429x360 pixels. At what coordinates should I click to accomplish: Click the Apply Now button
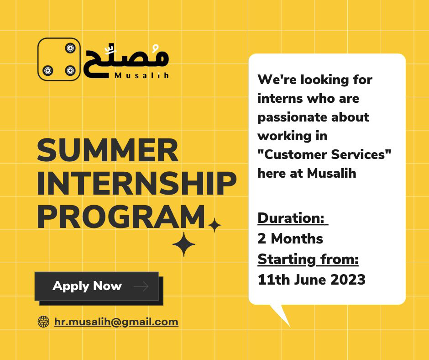(x=97, y=286)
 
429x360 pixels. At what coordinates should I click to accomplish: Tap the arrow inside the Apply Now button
(x=141, y=286)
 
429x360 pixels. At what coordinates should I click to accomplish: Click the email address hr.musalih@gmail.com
(x=116, y=322)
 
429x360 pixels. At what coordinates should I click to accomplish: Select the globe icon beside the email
(x=43, y=322)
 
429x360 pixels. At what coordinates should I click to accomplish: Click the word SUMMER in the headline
(x=108, y=150)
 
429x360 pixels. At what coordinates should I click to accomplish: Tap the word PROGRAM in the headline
(x=121, y=217)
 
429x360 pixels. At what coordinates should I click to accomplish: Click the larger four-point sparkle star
(x=184, y=244)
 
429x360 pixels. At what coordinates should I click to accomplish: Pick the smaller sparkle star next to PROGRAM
(x=214, y=225)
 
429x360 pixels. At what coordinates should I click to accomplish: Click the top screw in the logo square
(x=70, y=48)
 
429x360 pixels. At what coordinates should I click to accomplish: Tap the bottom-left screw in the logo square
(x=47, y=71)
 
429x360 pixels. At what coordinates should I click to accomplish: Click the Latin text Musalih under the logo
(x=141, y=75)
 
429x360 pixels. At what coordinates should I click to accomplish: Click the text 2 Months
(x=290, y=238)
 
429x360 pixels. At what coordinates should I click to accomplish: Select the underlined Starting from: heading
(x=308, y=259)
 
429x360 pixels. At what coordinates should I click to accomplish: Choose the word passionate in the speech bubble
(x=292, y=117)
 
